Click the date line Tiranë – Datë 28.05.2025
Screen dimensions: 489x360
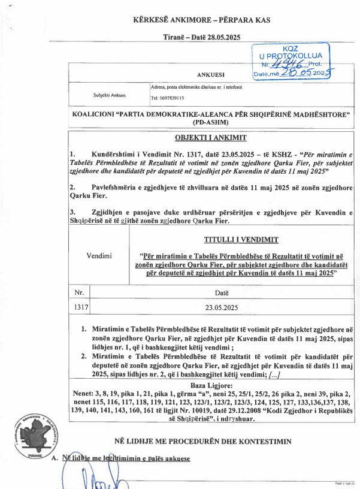(201, 37)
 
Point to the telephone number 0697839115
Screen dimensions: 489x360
(167, 98)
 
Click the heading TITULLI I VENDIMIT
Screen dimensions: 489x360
(241, 240)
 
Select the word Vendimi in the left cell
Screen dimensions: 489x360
(99, 256)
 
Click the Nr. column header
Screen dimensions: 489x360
(78, 292)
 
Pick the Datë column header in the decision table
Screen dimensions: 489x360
(222, 292)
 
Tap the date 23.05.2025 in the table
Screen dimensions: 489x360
(222, 307)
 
